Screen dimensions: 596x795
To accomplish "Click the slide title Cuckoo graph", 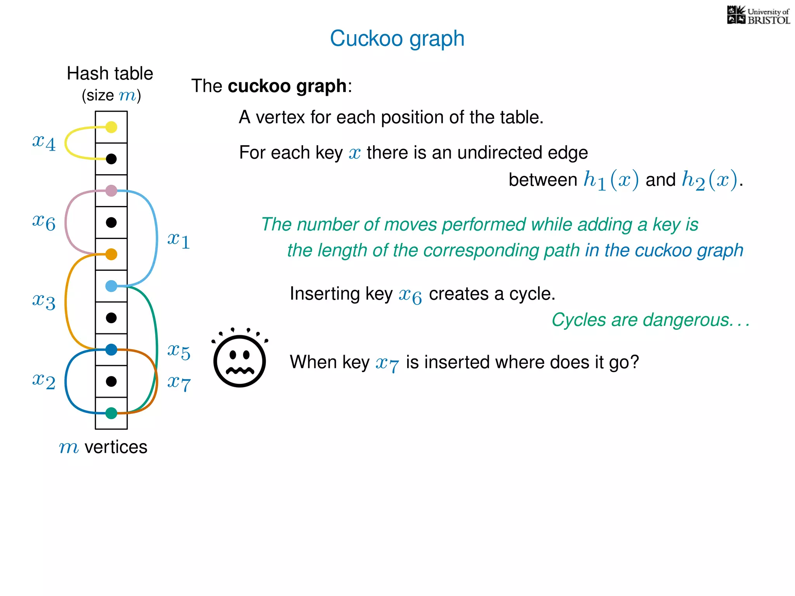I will [x=397, y=38].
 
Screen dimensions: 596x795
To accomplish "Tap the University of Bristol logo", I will [x=758, y=16].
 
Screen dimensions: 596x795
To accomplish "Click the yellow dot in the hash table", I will [x=111, y=127].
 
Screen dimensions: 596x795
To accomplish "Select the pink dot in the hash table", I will [x=111, y=191].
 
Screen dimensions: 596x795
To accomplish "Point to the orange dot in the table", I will [x=111, y=254].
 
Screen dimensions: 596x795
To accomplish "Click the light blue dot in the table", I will [x=111, y=286].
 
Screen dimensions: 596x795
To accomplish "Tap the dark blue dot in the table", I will [x=111, y=350].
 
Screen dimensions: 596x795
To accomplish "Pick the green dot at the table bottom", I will [x=111, y=413].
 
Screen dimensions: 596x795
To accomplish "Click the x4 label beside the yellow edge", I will [x=44, y=142].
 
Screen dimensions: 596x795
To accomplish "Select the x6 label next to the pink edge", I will [x=44, y=222].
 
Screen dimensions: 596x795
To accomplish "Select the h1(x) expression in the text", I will [x=611, y=180].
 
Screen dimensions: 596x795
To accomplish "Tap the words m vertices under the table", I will [x=103, y=447].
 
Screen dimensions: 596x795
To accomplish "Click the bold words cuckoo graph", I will [x=287, y=86].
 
